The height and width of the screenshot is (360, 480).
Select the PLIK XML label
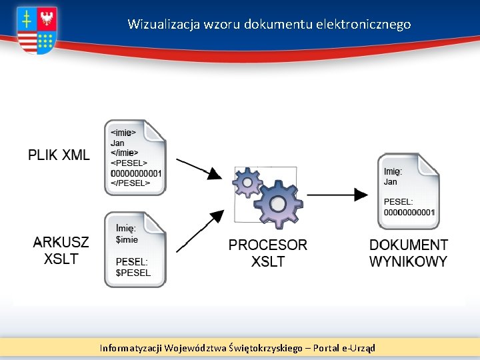coord(59,155)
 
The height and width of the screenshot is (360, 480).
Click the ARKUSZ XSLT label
coord(61,251)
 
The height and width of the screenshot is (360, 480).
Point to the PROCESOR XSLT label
coord(268,253)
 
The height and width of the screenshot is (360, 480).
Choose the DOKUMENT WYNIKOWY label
coord(408,253)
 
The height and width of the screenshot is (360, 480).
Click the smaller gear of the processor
coord(248,181)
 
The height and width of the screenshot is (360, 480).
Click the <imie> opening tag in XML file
coord(123,133)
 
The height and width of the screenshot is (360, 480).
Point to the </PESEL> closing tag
coord(130,183)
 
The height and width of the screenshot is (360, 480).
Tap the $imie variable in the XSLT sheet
coord(127,239)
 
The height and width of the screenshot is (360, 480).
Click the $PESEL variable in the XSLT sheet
coord(133,272)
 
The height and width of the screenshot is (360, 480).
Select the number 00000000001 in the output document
coord(409,212)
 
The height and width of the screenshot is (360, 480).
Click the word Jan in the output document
coord(391,181)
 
